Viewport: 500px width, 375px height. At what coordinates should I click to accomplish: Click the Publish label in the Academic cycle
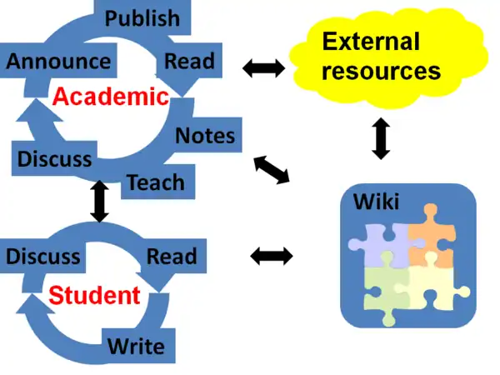[x=142, y=17]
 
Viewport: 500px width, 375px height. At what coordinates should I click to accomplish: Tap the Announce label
[x=58, y=61]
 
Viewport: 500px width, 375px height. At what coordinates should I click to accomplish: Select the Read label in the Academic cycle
[x=189, y=60]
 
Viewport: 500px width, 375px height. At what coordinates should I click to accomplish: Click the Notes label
[x=205, y=135]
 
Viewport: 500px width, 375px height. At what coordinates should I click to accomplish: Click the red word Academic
[x=111, y=97]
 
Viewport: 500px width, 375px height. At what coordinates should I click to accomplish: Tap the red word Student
[x=94, y=295]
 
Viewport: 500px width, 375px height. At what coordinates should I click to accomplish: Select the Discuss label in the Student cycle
[x=42, y=256]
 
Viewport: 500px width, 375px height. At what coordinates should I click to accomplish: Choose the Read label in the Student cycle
[x=172, y=256]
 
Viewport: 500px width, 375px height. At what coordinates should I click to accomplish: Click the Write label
[x=136, y=344]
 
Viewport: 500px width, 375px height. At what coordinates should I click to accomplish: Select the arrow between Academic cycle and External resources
[x=263, y=67]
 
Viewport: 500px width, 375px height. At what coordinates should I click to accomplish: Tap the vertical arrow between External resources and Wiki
[x=381, y=137]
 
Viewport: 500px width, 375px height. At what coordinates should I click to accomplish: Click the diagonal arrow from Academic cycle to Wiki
[x=271, y=169]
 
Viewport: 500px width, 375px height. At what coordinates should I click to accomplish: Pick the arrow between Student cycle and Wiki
[x=272, y=256]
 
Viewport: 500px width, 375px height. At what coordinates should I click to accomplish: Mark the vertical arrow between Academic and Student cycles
[x=100, y=201]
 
